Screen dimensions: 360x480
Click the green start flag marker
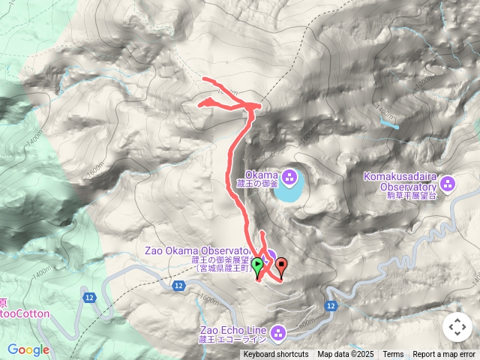(x=257, y=265)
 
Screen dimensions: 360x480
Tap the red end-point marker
(x=282, y=264)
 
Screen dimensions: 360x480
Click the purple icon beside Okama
(x=291, y=178)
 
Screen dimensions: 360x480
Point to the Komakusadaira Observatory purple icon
(x=448, y=182)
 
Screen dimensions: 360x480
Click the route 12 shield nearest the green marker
(x=178, y=286)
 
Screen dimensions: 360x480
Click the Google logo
(x=28, y=349)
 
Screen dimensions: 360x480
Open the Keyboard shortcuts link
(x=275, y=355)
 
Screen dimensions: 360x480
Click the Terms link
(x=393, y=355)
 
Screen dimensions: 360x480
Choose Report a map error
(x=445, y=355)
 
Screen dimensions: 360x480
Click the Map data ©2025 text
(x=345, y=355)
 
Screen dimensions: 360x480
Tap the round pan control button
(x=457, y=327)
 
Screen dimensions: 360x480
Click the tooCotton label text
(x=25, y=314)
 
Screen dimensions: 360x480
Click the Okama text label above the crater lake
(x=262, y=175)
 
